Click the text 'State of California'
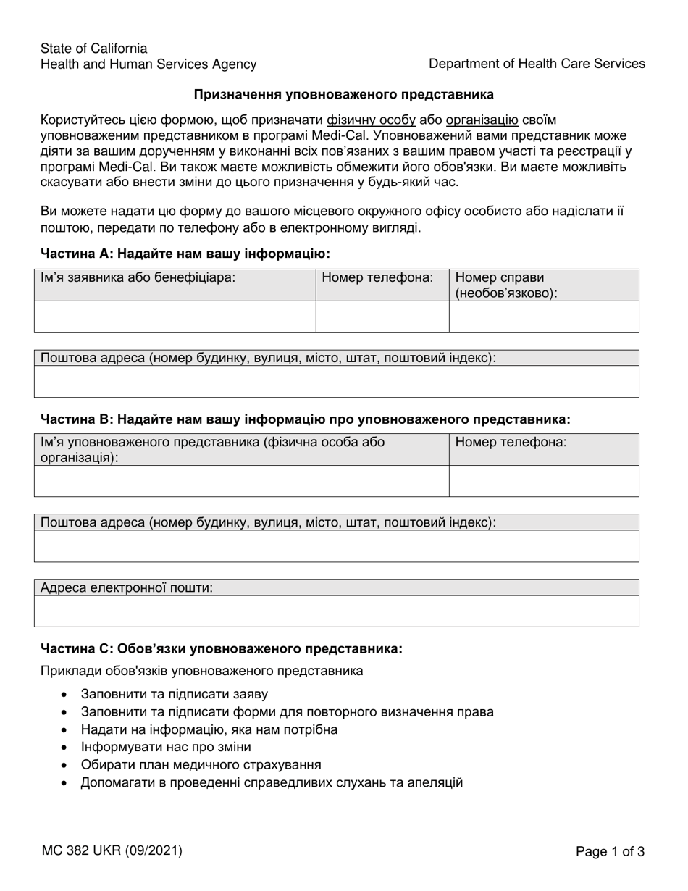pos(94,49)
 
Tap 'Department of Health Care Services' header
pos(537,64)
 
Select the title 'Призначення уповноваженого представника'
pos(344,94)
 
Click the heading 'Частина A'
pos(185,254)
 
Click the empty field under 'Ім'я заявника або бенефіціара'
pos(175,317)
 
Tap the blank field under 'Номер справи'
pos(544,317)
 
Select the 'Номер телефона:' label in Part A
pos(377,277)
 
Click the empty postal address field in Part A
pos(337,382)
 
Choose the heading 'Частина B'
pos(306,419)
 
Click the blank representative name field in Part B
pos(241,481)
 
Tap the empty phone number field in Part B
pos(544,481)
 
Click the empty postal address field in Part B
pos(337,546)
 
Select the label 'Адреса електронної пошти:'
pos(127,587)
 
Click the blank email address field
pos(337,611)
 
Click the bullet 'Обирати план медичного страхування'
pos(201,765)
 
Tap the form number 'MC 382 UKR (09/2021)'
pos(112,851)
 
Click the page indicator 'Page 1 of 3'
pos(610,852)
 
